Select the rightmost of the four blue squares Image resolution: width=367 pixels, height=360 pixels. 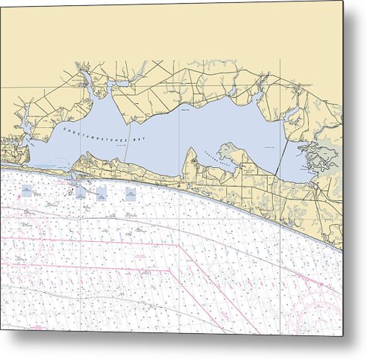point(131,194)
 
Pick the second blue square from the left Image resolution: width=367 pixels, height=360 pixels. point(80,192)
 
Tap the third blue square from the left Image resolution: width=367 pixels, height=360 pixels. point(101,193)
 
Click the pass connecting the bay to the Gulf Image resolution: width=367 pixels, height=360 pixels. point(72,177)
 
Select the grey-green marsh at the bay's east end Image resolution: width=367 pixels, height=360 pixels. point(325,158)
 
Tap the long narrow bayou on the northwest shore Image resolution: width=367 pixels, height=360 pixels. point(87,81)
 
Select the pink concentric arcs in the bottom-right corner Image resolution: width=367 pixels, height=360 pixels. point(321,310)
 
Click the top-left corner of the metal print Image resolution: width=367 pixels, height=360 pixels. point(1,2)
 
